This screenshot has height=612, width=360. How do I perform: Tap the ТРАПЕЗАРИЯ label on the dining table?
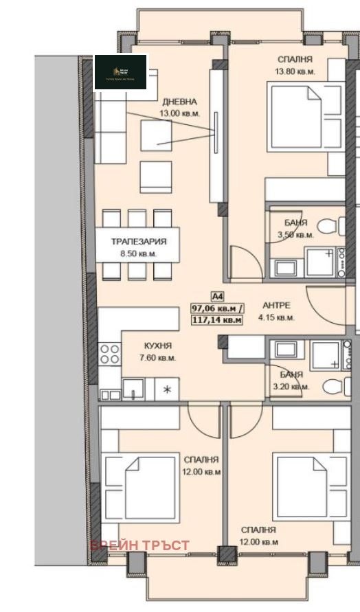pos(139,242)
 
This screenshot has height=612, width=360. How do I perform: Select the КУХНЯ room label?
pos(158,346)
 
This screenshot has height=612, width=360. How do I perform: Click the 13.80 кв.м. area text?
pos(295,71)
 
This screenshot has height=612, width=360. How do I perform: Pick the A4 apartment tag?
pos(217,296)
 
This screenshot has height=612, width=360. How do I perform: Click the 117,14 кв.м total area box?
pos(216,319)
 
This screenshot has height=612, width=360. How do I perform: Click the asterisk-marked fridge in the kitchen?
pos(167,389)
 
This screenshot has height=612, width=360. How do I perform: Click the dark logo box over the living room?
pos(121,72)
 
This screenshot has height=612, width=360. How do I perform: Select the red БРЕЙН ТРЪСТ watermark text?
pos(139,545)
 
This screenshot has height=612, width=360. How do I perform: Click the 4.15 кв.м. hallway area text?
pos(276,317)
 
